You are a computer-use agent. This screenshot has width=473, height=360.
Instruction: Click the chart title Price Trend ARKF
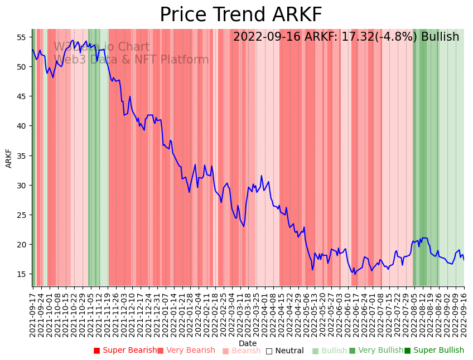pos(241,15)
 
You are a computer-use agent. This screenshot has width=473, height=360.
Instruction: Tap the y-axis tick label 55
pos(21,37)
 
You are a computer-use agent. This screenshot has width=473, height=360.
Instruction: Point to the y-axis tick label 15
pos(21,274)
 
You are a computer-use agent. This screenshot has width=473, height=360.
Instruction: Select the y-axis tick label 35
pos(21,155)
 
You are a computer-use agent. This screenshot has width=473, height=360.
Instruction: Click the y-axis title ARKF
pos(9,158)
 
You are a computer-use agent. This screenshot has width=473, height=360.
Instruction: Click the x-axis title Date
pos(248,343)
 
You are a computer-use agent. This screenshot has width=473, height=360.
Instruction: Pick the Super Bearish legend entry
pos(126,351)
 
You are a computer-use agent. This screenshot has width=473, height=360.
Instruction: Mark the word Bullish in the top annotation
pos(440,37)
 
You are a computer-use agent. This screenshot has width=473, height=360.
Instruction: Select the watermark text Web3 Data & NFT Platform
pos(131,60)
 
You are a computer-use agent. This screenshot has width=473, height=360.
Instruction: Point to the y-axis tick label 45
pos(21,96)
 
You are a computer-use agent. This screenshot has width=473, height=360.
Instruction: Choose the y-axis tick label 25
pos(21,215)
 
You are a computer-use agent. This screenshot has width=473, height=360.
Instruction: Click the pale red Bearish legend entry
pos(242,351)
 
